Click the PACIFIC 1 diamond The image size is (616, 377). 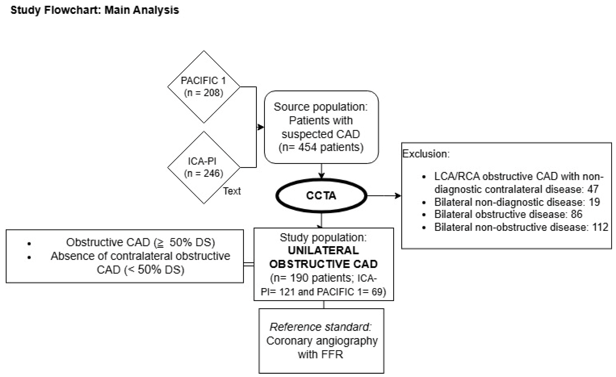pos(204,87)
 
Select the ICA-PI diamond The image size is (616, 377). pos(204,167)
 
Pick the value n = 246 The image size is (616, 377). pos(204,173)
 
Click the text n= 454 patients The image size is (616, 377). pos(321,147)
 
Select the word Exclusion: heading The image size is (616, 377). pos(426,154)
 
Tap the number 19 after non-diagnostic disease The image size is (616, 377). pos(594,202)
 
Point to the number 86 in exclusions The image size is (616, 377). pos(576,214)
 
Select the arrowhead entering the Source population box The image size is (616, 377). pos(261,127)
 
